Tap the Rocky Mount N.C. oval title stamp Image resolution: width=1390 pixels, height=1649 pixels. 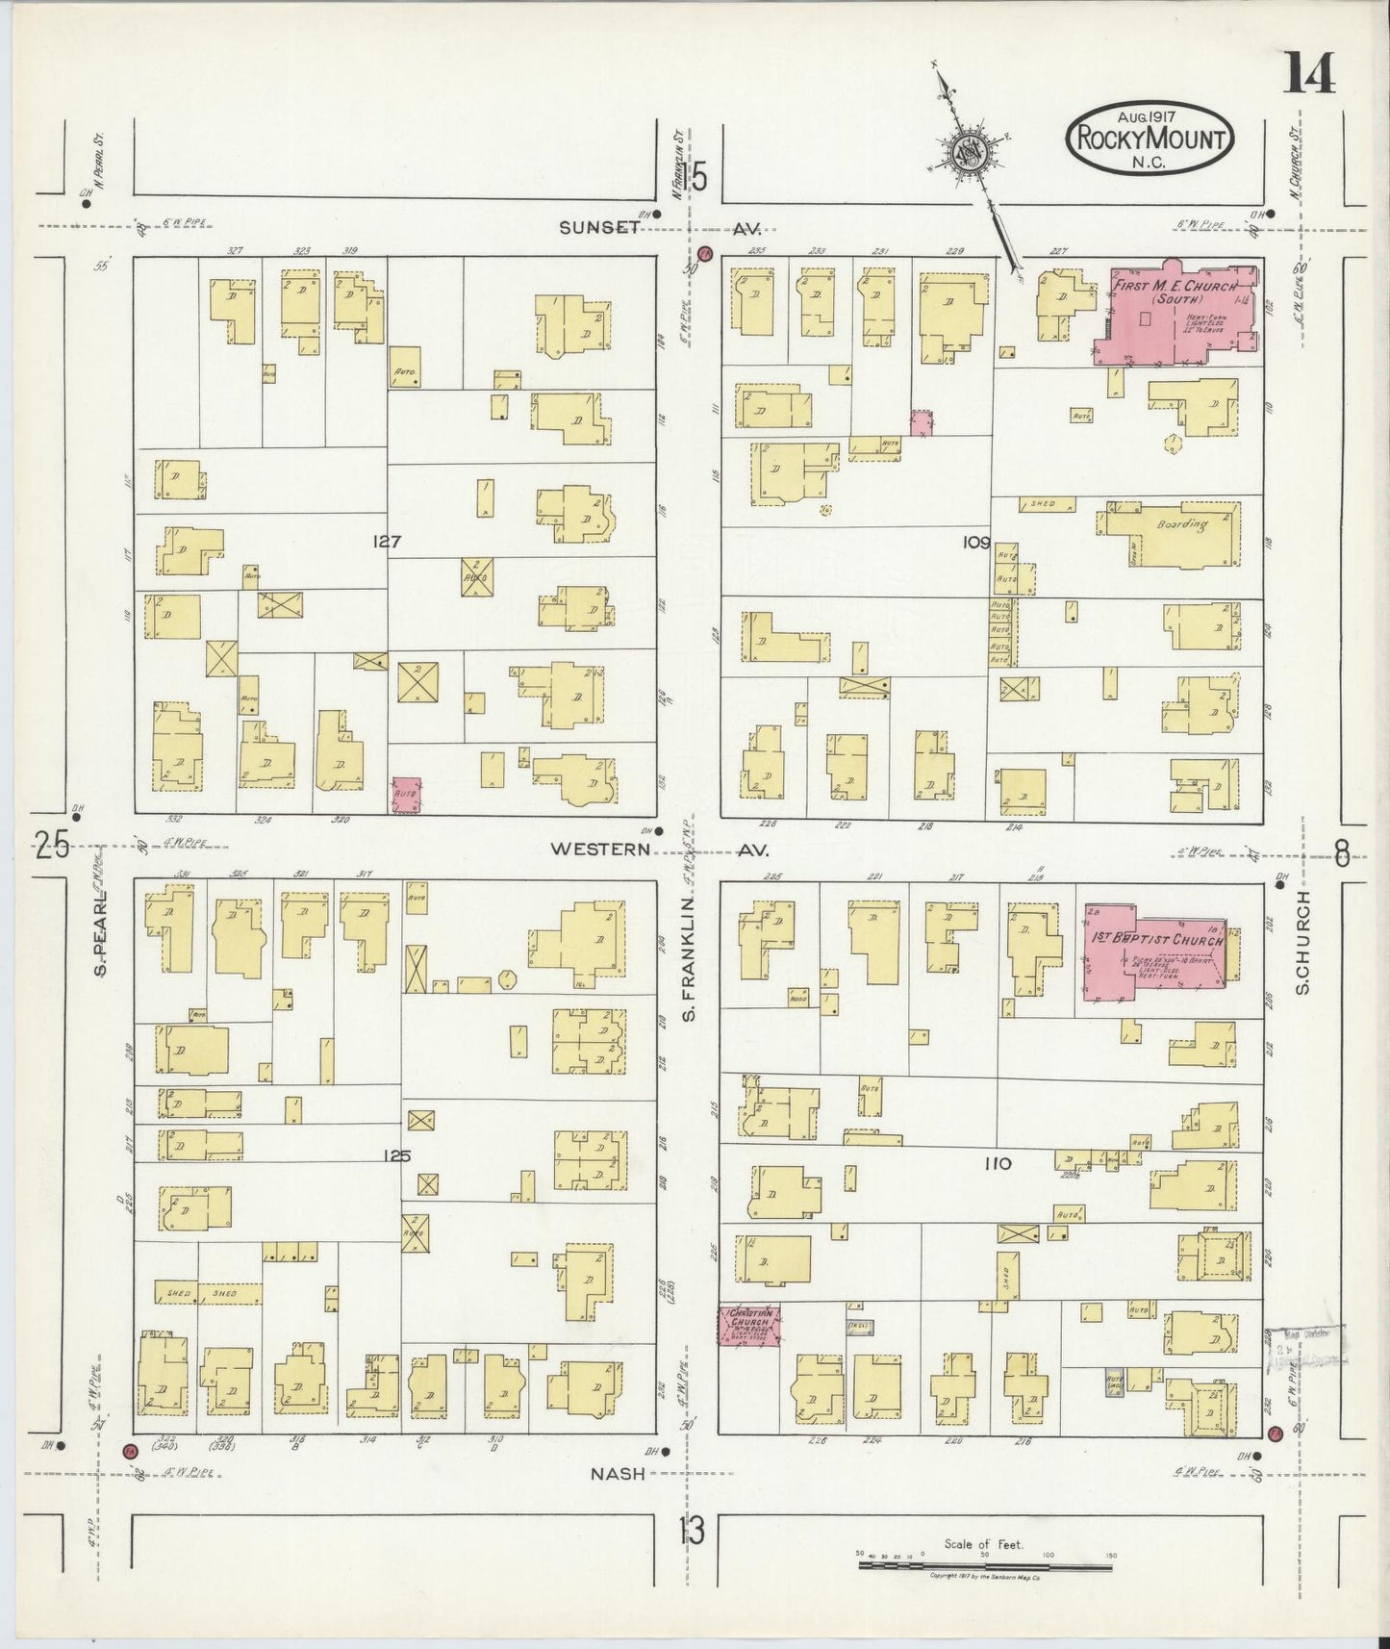1150,140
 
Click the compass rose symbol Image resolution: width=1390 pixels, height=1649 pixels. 968,152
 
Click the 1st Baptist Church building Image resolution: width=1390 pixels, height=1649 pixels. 1154,950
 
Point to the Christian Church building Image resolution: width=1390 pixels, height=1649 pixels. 749,1324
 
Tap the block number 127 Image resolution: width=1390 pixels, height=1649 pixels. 387,542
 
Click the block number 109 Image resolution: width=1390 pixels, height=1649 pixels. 975,543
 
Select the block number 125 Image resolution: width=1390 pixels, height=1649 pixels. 396,1155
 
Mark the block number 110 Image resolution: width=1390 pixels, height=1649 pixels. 997,1163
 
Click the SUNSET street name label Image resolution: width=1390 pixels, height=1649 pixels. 600,227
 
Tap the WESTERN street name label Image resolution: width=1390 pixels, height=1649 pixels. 600,849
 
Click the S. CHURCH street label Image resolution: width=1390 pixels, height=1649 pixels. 1303,943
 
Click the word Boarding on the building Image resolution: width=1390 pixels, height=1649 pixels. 1182,524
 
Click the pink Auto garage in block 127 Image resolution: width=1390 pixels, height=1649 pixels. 406,795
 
